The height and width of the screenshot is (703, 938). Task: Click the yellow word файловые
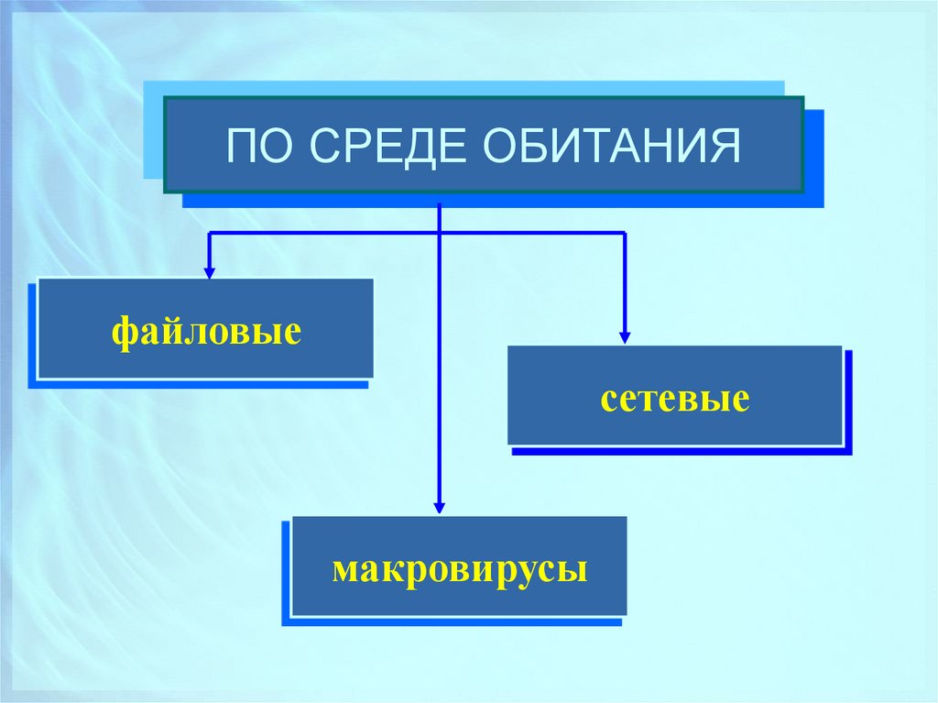tap(207, 331)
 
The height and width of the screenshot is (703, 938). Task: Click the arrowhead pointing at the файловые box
tap(209, 272)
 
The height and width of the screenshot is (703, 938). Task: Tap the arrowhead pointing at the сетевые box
tap(626, 338)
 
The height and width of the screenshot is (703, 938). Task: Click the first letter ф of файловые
tap(122, 332)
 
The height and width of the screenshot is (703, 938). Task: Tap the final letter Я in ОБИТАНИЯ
tap(726, 147)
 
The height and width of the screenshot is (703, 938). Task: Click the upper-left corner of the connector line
tap(209, 233)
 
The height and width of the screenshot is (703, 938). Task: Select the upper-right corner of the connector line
tap(626, 233)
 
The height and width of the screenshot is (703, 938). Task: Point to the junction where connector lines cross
tap(440, 233)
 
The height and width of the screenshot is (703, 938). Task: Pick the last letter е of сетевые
tap(742, 401)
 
